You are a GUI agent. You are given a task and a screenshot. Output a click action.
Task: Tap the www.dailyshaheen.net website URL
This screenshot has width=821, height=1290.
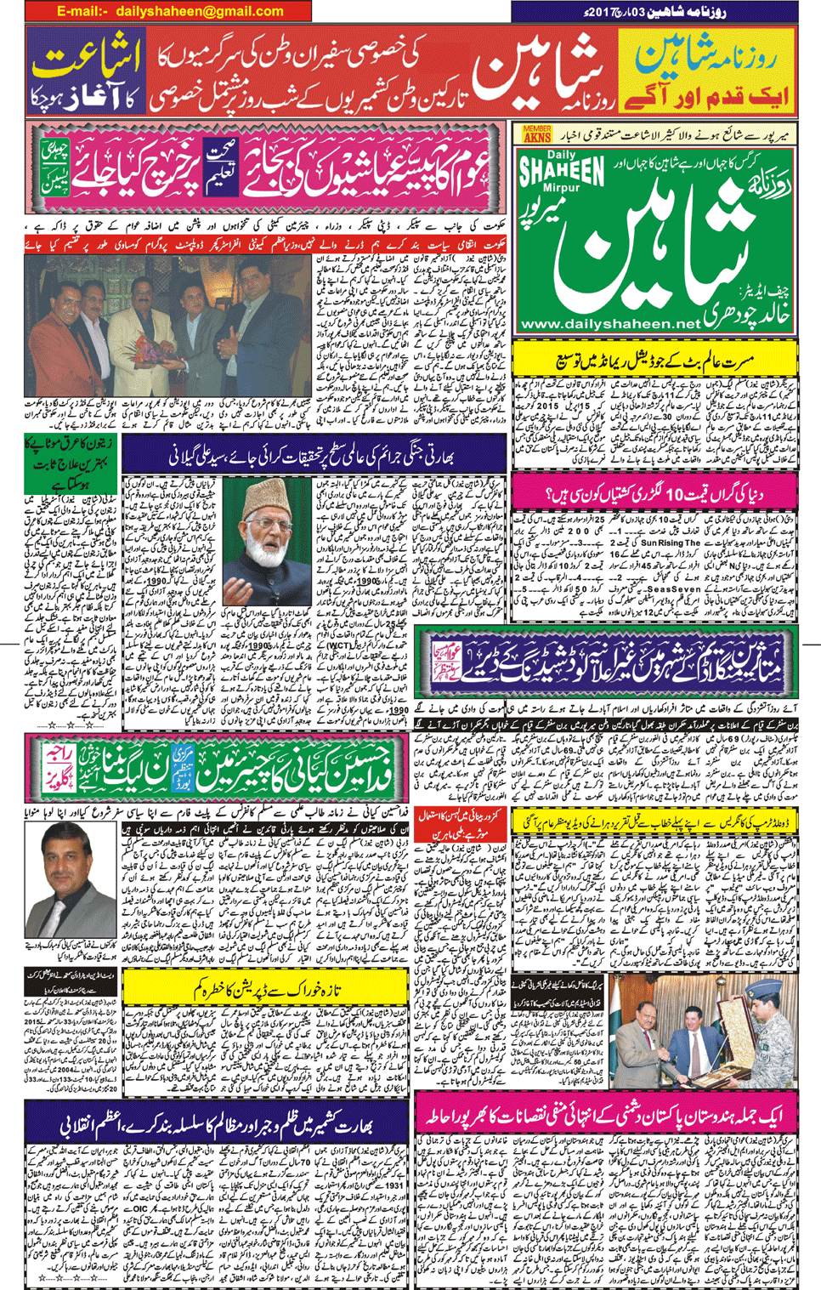pyautogui.click(x=609, y=324)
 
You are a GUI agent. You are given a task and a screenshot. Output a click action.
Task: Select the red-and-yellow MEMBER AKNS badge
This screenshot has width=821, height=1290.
pyautogui.click(x=537, y=133)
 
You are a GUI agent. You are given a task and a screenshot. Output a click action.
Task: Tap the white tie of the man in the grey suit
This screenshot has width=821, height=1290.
pyautogui.click(x=58, y=913)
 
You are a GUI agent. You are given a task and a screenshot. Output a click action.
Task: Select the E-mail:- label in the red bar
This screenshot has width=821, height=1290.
pyautogui.click(x=82, y=11)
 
